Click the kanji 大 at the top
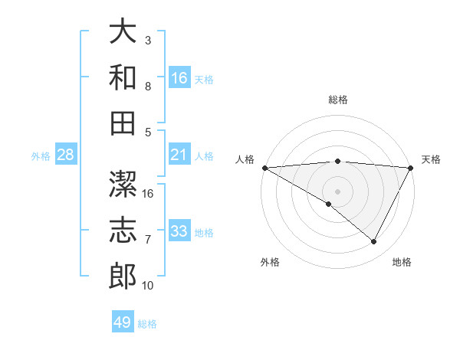tap(123, 32)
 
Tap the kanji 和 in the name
tap(123, 77)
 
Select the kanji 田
tap(123, 122)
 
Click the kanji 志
tap(123, 231)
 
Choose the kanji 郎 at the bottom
tap(123, 276)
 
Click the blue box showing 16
tap(179, 77)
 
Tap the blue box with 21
tap(179, 155)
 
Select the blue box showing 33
tap(179, 231)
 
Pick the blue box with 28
tap(65, 155)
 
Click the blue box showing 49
tap(123, 322)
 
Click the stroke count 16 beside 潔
tap(148, 193)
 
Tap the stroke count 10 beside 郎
tap(148, 286)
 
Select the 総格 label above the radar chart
tap(338, 100)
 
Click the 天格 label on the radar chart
tap(432, 159)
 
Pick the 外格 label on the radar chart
tap(270, 262)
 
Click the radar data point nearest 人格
tap(264, 167)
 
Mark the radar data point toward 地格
tap(374, 242)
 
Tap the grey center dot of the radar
tap(338, 191)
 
